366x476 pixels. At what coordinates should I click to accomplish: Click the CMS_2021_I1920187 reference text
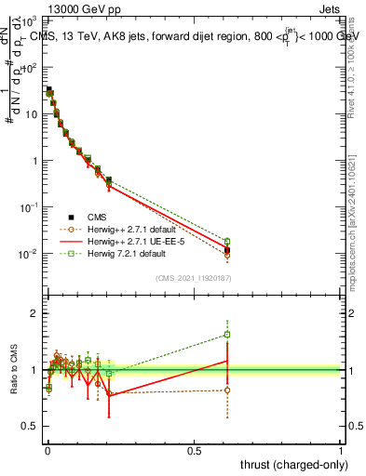tap(193, 278)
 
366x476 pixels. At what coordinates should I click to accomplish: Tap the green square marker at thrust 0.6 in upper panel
tap(227, 241)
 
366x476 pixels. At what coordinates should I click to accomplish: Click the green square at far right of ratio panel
tap(227, 335)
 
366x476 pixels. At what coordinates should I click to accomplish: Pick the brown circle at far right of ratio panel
tap(227, 390)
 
